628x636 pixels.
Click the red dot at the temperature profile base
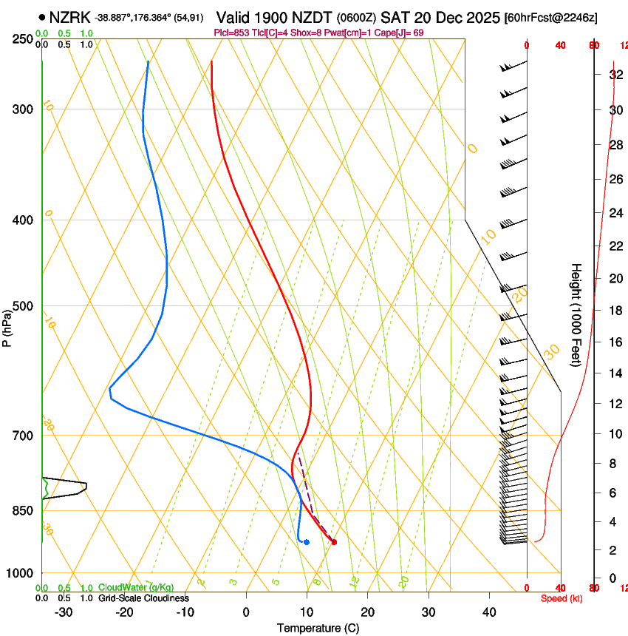[334, 542]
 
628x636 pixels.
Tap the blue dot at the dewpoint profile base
[306, 542]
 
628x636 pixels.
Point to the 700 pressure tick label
[24, 436]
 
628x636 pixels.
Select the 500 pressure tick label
[24, 306]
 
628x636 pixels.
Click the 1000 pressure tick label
[21, 573]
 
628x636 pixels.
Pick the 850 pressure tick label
[24, 511]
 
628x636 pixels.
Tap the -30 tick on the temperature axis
[64, 612]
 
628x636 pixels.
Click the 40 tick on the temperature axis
[488, 612]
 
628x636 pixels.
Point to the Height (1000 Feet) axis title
[576, 314]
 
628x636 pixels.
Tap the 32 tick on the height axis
[613, 75]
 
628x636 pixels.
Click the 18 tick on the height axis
[613, 311]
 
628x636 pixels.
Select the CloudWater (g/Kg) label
[131, 588]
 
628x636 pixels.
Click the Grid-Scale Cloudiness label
[143, 598]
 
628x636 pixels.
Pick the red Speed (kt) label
[562, 598]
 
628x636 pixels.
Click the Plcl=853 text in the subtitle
[231, 33]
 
